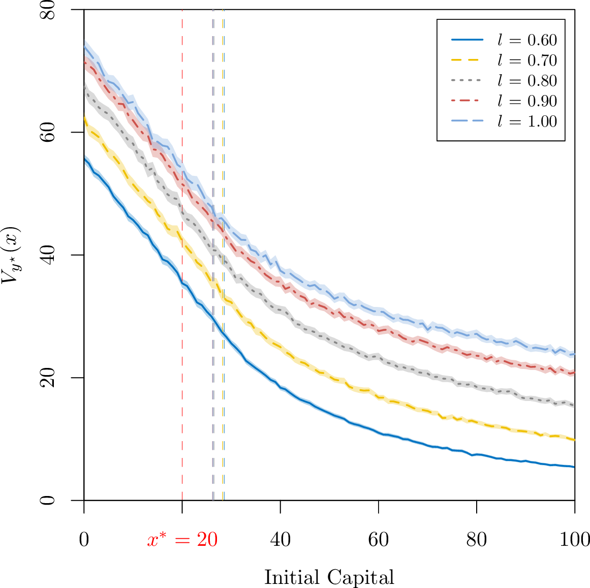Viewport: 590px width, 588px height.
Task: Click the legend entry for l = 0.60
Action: pos(504,40)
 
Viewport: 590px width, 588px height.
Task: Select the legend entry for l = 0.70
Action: pos(504,60)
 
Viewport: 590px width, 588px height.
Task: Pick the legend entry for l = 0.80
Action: pos(504,80)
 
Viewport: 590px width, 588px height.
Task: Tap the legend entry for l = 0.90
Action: pos(504,101)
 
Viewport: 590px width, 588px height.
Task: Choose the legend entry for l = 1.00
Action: pos(504,121)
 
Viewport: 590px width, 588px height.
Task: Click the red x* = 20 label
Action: pos(182,539)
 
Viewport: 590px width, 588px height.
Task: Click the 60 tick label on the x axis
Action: pos(379,540)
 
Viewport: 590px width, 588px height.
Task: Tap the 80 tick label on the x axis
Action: pos(477,540)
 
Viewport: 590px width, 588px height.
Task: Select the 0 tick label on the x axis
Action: pos(84,540)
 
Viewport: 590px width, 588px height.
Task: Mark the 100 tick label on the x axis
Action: pos(574,540)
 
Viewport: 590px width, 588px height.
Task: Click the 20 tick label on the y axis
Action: pos(47,377)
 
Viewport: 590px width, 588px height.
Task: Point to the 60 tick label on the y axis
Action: pos(47,132)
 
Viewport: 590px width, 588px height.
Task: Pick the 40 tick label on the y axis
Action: pos(47,255)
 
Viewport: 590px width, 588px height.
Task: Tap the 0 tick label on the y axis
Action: pos(47,500)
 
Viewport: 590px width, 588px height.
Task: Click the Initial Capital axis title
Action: pos(329,577)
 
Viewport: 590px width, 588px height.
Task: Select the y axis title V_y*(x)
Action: pos(11,255)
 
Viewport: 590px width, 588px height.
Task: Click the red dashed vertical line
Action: pos(182,255)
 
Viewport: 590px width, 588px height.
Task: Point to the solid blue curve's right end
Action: pos(575,467)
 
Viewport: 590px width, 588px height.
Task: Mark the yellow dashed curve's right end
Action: pos(575,440)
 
